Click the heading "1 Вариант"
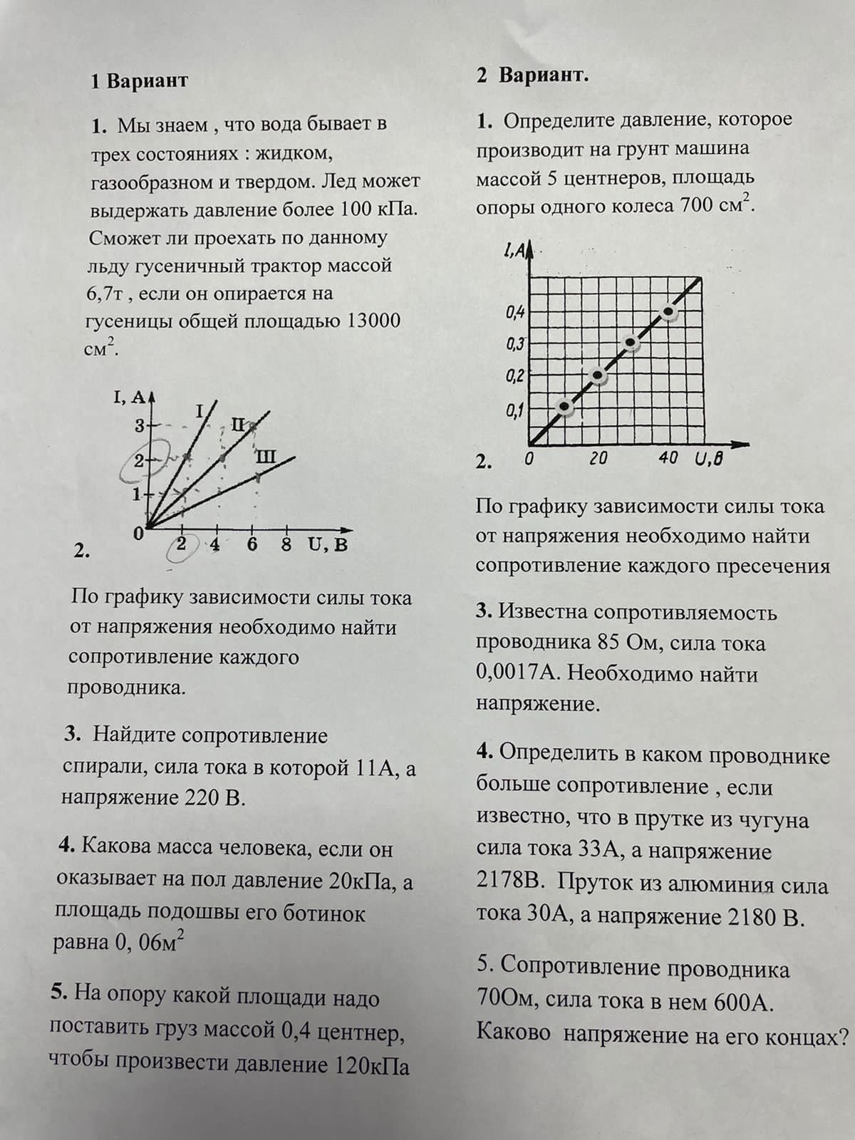[139, 81]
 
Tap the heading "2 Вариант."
[533, 76]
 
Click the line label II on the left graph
[238, 425]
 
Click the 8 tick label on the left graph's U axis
[286, 545]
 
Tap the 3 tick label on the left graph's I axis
[140, 426]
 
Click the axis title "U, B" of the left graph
[328, 546]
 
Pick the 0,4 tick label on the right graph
[514, 312]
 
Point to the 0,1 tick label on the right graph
[514, 411]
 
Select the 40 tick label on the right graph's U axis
[668, 458]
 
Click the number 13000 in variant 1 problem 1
[373, 321]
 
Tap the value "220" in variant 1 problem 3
[201, 797]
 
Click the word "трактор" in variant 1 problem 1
[290, 266]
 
